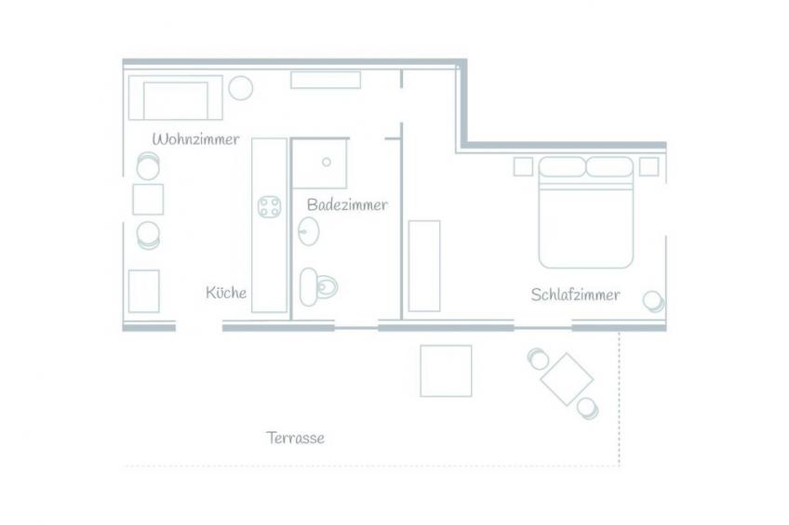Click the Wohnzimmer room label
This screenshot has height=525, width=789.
pyautogui.click(x=195, y=139)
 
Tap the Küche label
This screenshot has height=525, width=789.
pyautogui.click(x=226, y=293)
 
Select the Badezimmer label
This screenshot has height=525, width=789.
pyautogui.click(x=347, y=204)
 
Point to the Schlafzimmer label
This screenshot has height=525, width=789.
pyautogui.click(x=575, y=295)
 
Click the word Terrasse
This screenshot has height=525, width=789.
pyautogui.click(x=295, y=438)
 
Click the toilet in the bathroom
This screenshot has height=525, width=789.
pyautogui.click(x=318, y=287)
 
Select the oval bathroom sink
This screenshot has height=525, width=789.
pyautogui.click(x=308, y=231)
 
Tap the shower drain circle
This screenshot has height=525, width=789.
pyautogui.click(x=327, y=163)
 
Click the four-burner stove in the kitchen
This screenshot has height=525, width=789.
pyautogui.click(x=269, y=207)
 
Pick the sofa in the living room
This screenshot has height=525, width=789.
pyautogui.click(x=175, y=98)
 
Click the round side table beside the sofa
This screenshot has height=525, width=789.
pyautogui.click(x=241, y=88)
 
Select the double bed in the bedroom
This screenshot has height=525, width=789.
pyautogui.click(x=586, y=212)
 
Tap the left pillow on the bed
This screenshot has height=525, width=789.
pyautogui.click(x=562, y=167)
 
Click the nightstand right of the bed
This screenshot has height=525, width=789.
pyautogui.click(x=649, y=167)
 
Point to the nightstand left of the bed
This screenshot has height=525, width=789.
pyautogui.click(x=523, y=167)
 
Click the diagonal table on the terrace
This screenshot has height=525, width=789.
pyautogui.click(x=568, y=379)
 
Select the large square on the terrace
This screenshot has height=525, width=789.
pyautogui.click(x=446, y=371)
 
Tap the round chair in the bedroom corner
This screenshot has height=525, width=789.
pyautogui.click(x=654, y=301)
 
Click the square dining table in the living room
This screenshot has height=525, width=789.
pyautogui.click(x=148, y=200)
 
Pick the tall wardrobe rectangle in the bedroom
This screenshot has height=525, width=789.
pyautogui.click(x=424, y=266)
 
